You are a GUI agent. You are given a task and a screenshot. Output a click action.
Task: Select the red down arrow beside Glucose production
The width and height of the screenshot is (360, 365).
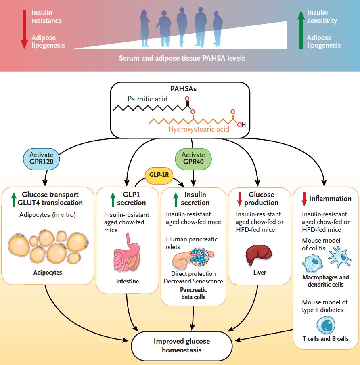[x=240, y=199]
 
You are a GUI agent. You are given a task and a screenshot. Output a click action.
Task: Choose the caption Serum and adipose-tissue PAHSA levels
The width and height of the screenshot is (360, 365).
[x=182, y=58]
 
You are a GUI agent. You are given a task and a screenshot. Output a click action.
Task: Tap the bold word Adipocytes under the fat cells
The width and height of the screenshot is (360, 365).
[x=48, y=272]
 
